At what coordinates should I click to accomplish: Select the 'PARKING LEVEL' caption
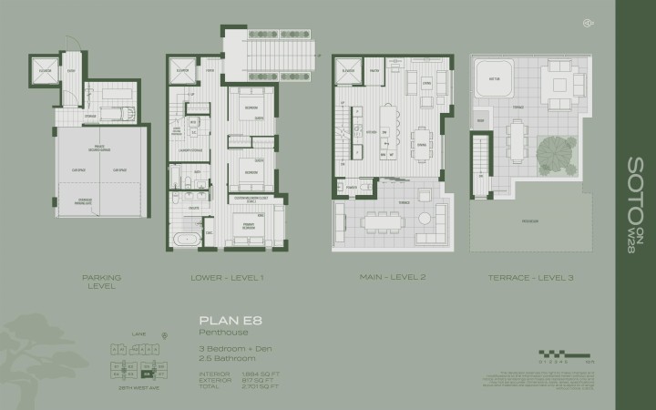tap(101, 281)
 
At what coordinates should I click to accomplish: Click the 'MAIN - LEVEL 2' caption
tap(392, 277)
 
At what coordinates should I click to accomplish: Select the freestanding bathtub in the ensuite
tap(188, 239)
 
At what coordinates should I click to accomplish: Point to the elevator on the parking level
tap(45, 74)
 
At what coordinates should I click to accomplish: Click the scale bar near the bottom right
tap(555, 354)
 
